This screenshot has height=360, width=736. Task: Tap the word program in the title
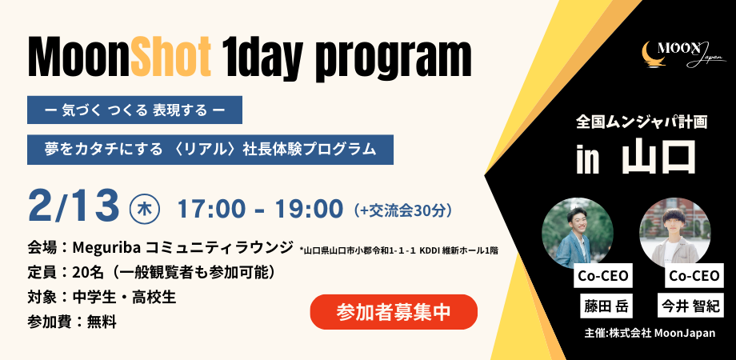click(387, 56)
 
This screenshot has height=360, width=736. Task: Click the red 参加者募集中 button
click(394, 312)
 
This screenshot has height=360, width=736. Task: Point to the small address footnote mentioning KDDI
click(398, 250)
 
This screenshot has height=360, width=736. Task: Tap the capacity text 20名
click(89, 272)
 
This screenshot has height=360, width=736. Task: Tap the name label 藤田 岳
click(605, 305)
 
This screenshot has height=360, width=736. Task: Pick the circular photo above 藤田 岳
click(578, 232)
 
